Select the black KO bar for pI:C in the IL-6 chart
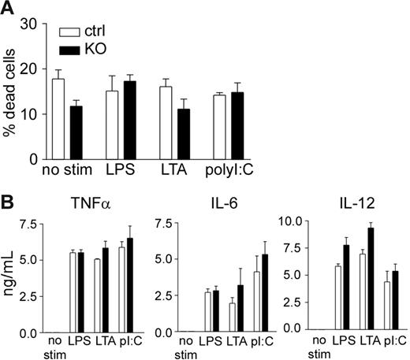(244, 293)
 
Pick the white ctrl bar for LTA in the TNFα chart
(97, 295)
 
